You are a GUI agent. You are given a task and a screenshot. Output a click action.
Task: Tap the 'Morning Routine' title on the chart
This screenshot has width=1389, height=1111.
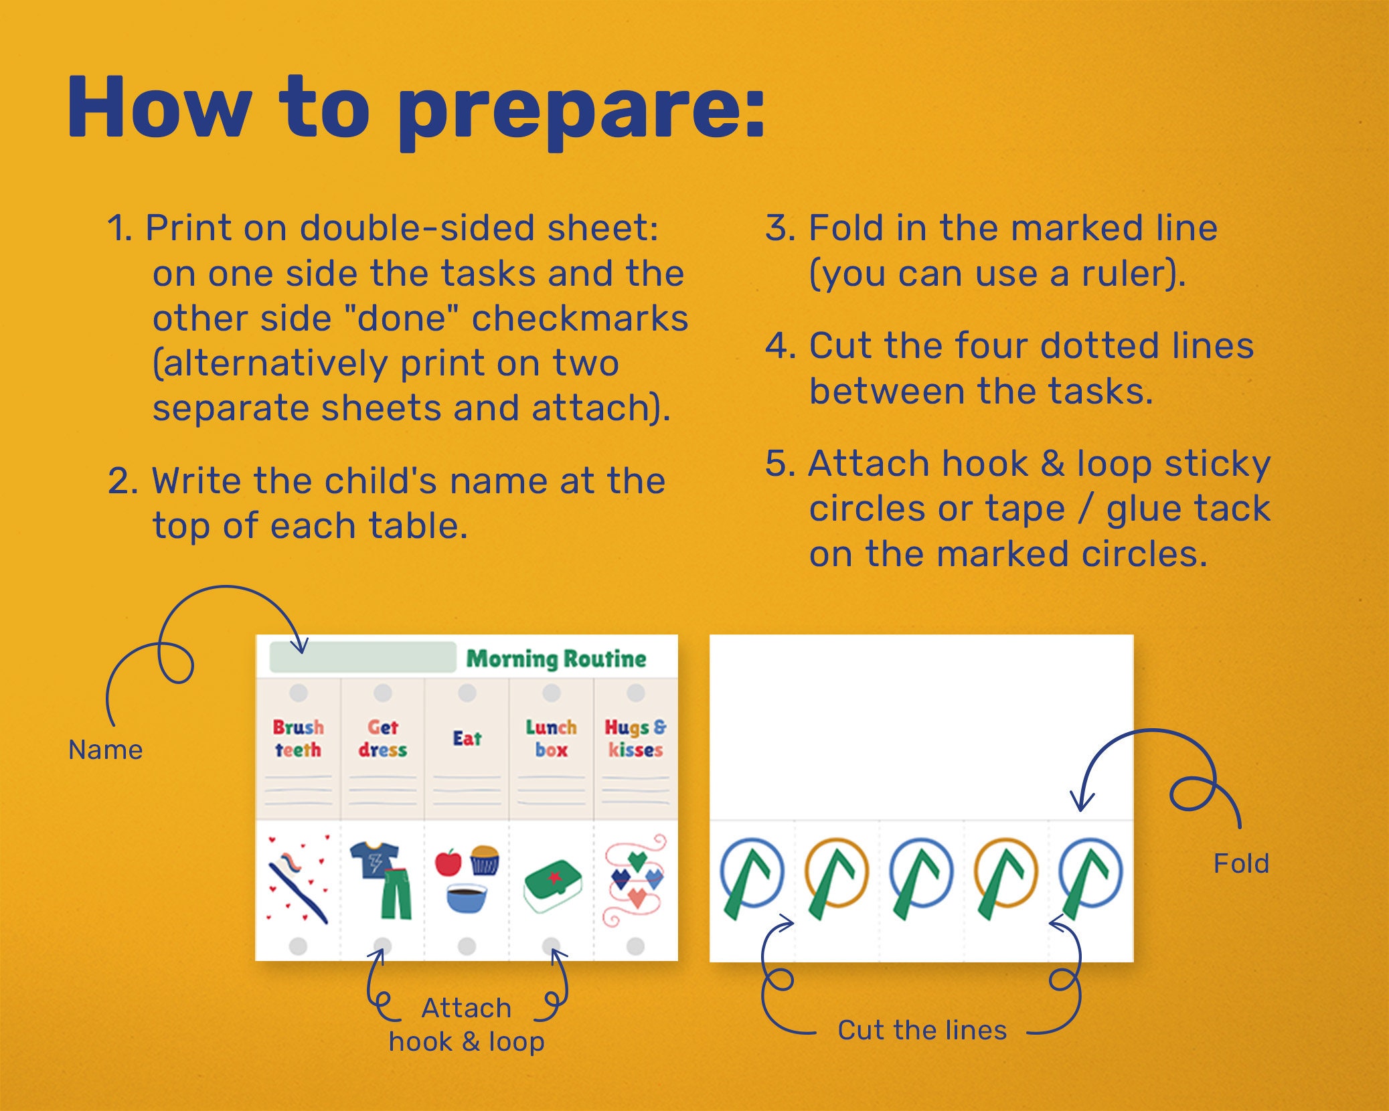point(556,659)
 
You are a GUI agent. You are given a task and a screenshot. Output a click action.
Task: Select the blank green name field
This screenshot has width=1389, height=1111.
point(362,657)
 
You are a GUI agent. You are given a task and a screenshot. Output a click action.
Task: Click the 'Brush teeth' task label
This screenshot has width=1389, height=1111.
point(298,738)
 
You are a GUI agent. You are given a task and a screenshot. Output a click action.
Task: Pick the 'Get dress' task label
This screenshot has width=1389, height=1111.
point(382,738)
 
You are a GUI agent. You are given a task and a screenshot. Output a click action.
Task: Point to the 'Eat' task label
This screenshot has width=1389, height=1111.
point(467,738)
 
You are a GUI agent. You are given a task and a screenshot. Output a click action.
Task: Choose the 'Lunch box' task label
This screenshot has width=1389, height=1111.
point(551,738)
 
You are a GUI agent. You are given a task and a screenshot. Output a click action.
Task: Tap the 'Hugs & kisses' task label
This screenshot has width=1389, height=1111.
point(635,738)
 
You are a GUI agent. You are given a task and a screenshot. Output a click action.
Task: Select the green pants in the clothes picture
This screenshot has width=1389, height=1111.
point(396,894)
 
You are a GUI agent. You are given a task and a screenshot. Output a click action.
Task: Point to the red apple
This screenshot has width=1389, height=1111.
point(448,863)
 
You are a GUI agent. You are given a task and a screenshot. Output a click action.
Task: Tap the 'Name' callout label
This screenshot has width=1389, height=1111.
point(106,750)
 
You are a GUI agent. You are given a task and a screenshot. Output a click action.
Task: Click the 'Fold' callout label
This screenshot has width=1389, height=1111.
point(1241,863)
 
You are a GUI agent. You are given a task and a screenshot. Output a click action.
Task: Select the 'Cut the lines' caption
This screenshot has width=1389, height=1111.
point(922,1030)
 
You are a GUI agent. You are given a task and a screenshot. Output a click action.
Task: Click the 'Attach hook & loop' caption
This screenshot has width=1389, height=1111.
point(467,1025)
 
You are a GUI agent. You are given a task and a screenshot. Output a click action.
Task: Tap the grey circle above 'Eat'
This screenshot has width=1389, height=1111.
point(467,693)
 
